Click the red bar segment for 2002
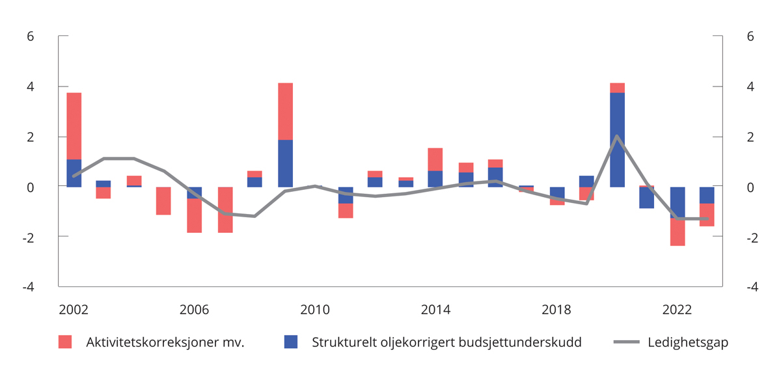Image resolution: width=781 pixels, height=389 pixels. (x=74, y=126)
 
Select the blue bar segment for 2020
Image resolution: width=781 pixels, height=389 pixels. (x=617, y=139)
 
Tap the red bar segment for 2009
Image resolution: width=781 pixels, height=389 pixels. (x=285, y=111)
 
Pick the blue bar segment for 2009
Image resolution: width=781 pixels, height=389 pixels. (x=285, y=163)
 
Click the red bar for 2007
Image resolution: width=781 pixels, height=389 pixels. (x=225, y=209)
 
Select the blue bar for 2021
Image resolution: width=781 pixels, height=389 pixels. (x=647, y=198)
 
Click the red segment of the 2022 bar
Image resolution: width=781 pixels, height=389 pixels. (x=678, y=232)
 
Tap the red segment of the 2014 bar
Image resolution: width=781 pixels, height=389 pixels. (x=435, y=159)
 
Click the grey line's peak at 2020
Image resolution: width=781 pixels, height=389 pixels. (x=617, y=136)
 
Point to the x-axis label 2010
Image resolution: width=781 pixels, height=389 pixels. (x=315, y=310)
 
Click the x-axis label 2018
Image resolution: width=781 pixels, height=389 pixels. (x=556, y=310)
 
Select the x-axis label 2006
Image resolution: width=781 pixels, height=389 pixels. (x=195, y=310)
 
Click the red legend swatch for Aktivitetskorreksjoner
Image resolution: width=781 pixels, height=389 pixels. (x=65, y=342)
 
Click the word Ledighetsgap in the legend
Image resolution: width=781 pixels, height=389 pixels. (x=687, y=342)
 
